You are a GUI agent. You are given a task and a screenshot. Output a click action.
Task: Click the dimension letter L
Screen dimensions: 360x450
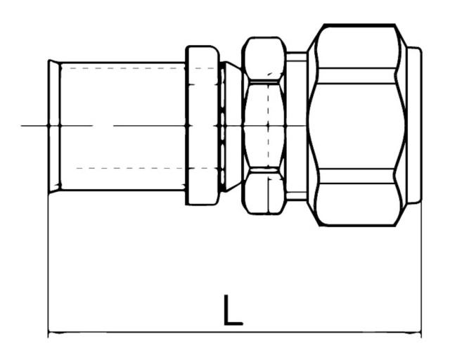tap(232, 310)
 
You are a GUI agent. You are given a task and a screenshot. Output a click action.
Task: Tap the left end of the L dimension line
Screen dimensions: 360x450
tap(49, 333)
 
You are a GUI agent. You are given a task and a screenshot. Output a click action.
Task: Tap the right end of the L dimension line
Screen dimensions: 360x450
tap(420, 333)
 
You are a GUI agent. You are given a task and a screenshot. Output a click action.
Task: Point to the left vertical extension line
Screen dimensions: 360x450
tap(48, 267)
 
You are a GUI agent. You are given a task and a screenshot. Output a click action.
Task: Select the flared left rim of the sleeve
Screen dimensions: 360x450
tap(53, 125)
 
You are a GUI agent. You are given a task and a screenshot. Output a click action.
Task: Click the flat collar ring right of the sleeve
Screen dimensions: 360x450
tap(202, 125)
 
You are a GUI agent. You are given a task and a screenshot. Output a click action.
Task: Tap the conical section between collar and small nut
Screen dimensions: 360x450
tap(229, 125)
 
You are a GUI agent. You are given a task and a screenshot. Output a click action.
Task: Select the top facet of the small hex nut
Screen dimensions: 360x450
tap(264, 58)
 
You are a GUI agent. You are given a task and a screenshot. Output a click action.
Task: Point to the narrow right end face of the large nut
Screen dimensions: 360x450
tap(415, 125)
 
